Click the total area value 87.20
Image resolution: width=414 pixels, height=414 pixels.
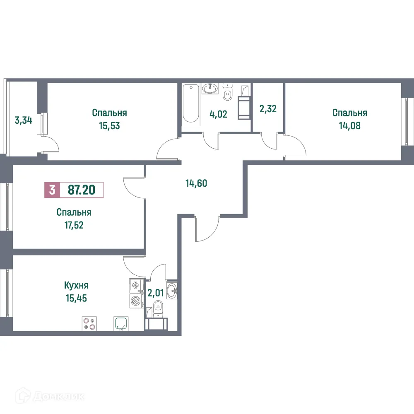pos(81,190)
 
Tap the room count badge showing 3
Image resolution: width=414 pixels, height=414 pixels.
pos(52,190)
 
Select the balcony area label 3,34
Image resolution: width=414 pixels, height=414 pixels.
pos(23,121)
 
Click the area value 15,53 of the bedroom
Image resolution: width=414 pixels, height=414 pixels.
pos(109,126)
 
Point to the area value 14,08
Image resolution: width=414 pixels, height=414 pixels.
pos(350,126)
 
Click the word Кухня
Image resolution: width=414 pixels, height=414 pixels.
pos(77,285)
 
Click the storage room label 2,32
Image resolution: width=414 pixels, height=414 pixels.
pos(267,109)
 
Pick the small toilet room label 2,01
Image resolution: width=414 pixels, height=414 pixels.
pos(156,294)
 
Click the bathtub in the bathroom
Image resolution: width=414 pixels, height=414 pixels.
pos(191,103)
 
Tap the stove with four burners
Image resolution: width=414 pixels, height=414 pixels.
pos(89,323)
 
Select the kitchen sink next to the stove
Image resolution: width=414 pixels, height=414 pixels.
pos(121,323)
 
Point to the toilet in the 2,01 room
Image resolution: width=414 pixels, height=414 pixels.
pos(158,309)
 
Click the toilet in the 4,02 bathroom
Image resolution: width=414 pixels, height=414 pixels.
pos(227,94)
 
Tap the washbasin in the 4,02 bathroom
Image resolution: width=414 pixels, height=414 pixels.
pos(210,88)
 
